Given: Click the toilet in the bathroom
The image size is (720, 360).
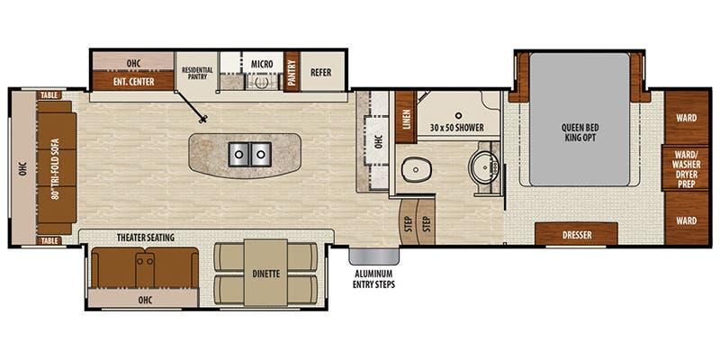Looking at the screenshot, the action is tap(416, 170).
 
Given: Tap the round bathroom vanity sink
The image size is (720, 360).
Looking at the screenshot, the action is tap(481, 166).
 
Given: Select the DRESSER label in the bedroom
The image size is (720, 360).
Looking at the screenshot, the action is tap(577, 235).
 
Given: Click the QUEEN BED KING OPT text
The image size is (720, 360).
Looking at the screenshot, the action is tap(579, 132).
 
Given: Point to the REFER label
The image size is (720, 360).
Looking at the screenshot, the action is tap(320, 73).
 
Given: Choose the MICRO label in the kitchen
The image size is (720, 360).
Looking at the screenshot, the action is tap(262, 64).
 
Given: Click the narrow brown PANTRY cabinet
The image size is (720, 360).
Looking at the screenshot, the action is tap(291, 72).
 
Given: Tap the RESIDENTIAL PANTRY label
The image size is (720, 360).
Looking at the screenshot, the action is tap(197, 73).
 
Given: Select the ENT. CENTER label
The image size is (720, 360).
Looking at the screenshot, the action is tap(132, 82).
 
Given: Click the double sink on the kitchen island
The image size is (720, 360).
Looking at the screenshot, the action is tap(249, 154).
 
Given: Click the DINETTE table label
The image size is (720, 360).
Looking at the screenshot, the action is tap(265, 274).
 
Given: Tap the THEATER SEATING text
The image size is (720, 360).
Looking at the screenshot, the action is tap(146, 238).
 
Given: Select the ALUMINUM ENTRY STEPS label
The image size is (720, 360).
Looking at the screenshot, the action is tap(373, 279).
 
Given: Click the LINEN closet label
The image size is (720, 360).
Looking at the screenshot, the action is tap(406, 118).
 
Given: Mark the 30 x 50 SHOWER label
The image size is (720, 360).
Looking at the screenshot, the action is tap(457, 128).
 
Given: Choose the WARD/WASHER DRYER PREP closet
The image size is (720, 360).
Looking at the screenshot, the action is tap(686, 168).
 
